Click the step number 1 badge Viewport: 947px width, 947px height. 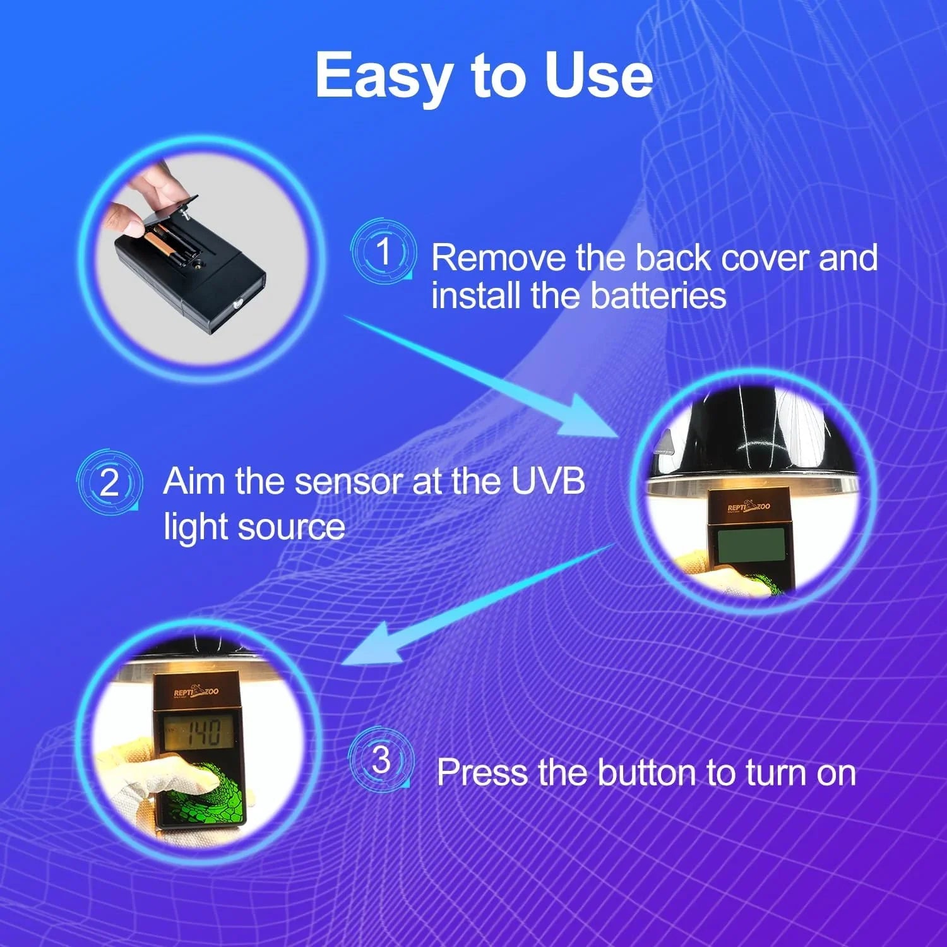click(383, 251)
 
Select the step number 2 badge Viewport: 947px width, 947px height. click(110, 482)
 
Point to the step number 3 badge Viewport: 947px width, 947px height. click(381, 759)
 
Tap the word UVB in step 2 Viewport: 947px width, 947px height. click(547, 481)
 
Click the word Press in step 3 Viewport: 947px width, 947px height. click(481, 772)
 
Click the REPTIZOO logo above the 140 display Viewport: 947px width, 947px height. click(196, 692)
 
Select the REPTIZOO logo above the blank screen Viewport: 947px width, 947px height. click(749, 506)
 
